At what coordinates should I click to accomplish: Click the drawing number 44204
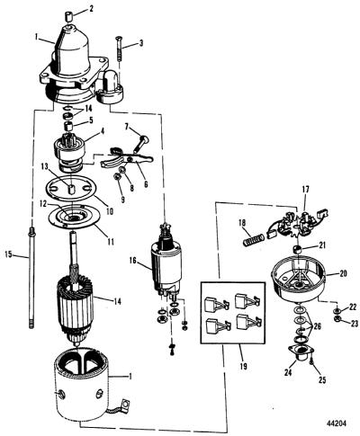click(336, 423)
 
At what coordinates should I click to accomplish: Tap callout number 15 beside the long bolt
click(8, 254)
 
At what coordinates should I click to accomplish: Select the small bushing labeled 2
click(69, 16)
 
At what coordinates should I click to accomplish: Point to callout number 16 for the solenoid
click(133, 261)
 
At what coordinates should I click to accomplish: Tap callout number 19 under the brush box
click(243, 366)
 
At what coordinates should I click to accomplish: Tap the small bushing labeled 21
click(297, 249)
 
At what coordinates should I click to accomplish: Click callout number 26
click(317, 326)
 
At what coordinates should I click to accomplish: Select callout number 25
click(322, 380)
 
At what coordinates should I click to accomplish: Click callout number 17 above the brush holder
click(305, 190)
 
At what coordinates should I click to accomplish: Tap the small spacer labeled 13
click(73, 190)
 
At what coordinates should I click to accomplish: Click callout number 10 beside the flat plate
click(110, 211)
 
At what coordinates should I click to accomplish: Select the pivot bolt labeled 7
click(140, 143)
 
